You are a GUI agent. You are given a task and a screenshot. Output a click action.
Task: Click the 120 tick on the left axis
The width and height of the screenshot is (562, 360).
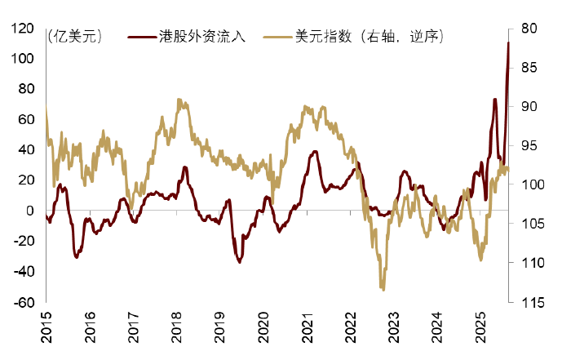[23, 29]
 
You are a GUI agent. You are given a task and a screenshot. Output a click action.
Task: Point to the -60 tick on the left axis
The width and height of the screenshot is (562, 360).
[23, 303]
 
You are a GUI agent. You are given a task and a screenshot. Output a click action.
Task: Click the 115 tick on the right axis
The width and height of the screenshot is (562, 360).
[528, 303]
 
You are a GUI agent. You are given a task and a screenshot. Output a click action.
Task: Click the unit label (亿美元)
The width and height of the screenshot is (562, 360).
[76, 37]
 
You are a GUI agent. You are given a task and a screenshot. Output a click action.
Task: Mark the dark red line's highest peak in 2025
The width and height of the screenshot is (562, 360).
[508, 42]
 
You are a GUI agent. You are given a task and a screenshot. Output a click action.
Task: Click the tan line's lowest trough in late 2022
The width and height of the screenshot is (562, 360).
[383, 289]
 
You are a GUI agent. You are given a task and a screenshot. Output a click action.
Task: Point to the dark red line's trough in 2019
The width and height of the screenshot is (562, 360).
[239, 261]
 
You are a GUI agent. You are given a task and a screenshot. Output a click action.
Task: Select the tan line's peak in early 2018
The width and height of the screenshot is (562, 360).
[179, 100]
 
